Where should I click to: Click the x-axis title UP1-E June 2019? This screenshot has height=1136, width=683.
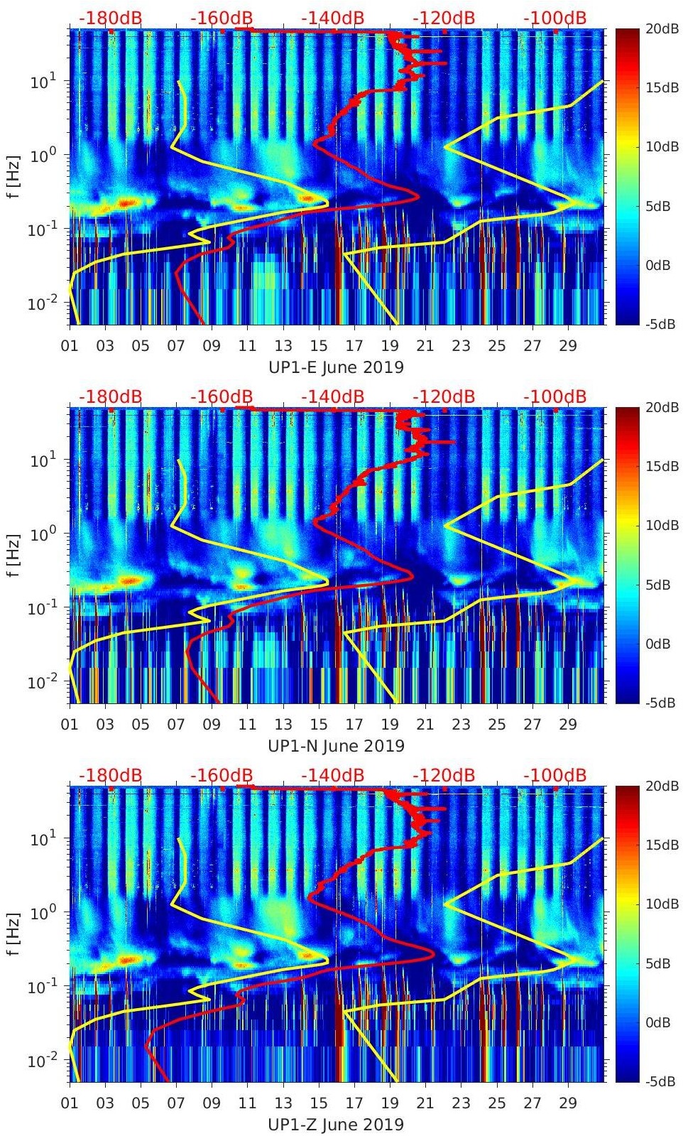[336, 367]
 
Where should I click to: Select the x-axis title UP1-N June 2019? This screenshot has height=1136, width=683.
[336, 746]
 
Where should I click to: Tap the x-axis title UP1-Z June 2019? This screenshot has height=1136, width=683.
[336, 1125]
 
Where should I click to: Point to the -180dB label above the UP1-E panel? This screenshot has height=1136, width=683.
[110, 18]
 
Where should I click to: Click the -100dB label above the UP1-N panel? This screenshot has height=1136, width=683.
[555, 396]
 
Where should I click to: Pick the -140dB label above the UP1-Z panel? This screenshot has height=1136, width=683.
[332, 775]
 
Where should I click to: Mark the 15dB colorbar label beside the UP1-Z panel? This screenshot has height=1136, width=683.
[660, 845]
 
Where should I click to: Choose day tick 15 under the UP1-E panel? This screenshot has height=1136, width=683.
[319, 346]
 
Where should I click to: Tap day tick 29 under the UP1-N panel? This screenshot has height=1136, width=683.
[568, 725]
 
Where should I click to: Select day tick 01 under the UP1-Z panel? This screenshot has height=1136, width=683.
[70, 1103]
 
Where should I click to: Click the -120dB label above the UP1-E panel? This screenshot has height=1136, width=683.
[444, 18]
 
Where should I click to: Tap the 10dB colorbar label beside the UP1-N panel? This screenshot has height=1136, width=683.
[660, 526]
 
